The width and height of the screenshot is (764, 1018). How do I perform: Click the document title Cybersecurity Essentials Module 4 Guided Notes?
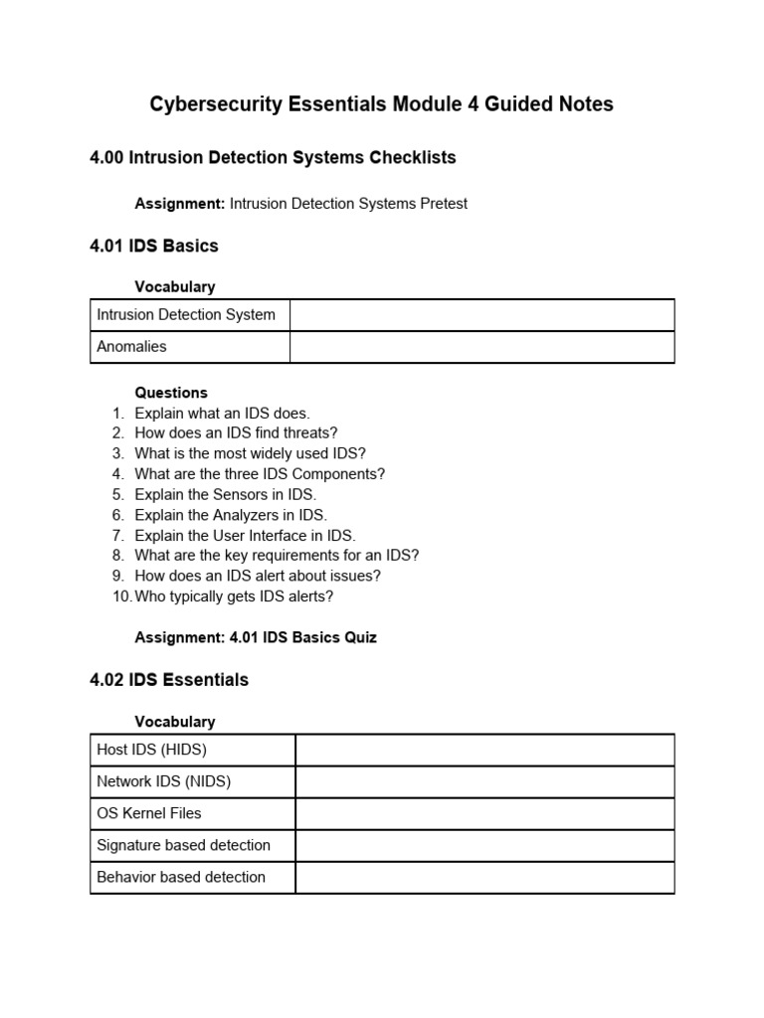pyautogui.click(x=381, y=104)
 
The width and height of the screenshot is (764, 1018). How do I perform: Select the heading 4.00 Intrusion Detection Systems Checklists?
pyautogui.click(x=273, y=157)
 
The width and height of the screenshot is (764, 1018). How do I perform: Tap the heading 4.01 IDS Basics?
pyautogui.click(x=153, y=245)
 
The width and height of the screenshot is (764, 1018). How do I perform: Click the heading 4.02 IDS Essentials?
pyautogui.click(x=169, y=680)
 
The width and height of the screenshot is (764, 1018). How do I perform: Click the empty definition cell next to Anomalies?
pyautogui.click(x=481, y=347)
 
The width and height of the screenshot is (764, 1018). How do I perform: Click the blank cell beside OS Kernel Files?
pyautogui.click(x=484, y=813)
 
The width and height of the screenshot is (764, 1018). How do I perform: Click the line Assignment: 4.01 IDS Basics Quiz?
pyautogui.click(x=256, y=637)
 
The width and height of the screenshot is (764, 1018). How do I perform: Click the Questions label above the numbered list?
pyautogui.click(x=171, y=393)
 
